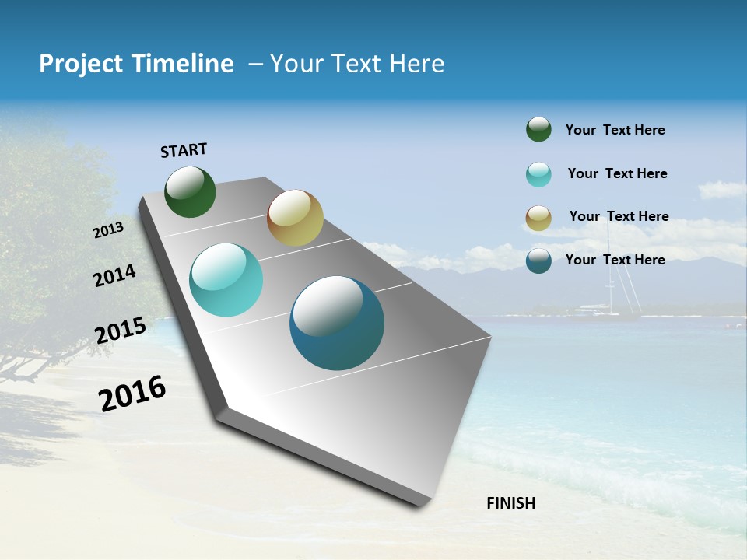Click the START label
pos(184,150)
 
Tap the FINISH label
pos(510,503)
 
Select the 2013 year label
pos(108,230)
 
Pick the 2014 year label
pos(114,276)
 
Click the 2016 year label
pos(132,394)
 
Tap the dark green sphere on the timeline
pos(190,192)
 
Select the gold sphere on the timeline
pos(295,218)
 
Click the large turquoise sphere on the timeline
pos(226,280)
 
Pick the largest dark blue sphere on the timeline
pos(337,323)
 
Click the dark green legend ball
pos(538,129)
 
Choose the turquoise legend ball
pos(538,174)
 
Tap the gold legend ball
pos(538,218)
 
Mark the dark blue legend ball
pos(538,261)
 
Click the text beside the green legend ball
pos(615,131)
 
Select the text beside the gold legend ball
pos(619,216)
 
